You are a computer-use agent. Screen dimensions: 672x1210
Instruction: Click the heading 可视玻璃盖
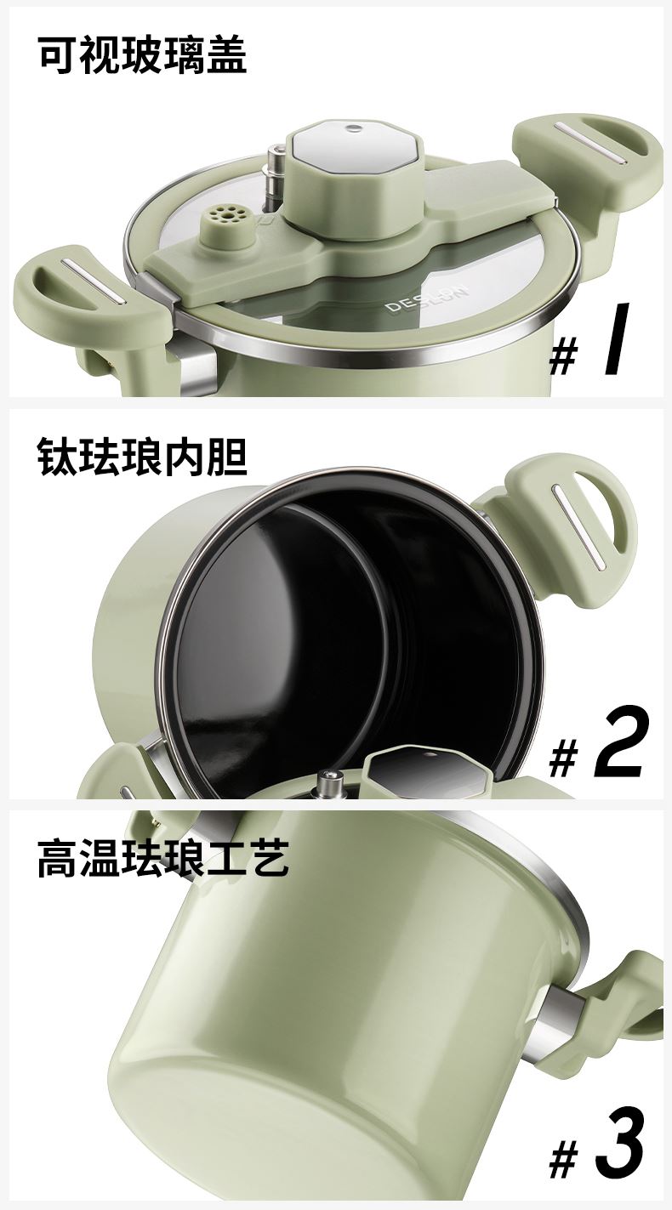[143, 54]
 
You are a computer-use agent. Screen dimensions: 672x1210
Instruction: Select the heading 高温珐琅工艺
[163, 858]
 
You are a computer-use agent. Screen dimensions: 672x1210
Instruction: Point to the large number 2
[619, 743]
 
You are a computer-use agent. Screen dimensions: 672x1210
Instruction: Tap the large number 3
[620, 1147]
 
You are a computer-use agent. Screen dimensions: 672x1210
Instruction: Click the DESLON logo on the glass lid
[428, 298]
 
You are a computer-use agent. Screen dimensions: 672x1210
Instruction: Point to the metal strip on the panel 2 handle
[581, 526]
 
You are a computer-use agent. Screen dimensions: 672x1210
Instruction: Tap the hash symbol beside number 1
[563, 356]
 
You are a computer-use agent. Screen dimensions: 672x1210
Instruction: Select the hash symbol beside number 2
[563, 759]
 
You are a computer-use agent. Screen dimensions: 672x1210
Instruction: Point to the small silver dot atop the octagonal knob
[355, 128]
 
